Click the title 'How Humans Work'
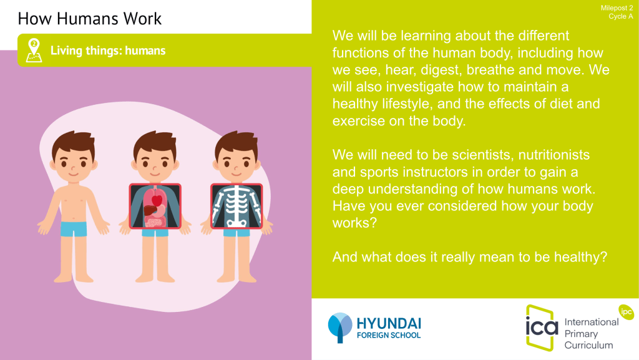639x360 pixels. (90, 19)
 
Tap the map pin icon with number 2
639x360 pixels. (34, 51)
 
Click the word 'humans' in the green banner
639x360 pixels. (145, 51)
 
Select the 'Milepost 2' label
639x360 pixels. (617, 8)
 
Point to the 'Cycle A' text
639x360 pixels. (621, 16)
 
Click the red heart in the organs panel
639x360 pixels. (157, 200)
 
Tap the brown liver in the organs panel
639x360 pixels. (150, 210)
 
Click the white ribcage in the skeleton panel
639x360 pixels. (237, 203)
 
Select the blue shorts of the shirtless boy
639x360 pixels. (74, 229)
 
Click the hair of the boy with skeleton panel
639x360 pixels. (237, 142)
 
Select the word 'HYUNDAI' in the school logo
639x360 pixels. (389, 324)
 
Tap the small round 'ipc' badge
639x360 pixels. (627, 312)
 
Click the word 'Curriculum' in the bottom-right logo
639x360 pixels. (588, 345)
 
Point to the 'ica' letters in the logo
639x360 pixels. (542, 326)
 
